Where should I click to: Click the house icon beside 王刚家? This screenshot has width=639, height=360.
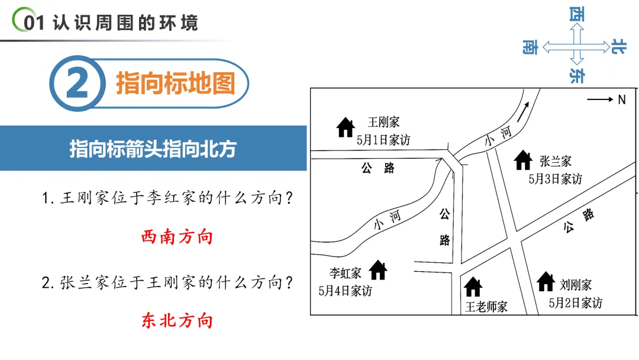click(346, 127)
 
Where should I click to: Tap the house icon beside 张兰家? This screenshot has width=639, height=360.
click(523, 160)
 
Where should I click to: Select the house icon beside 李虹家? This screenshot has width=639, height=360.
click(378, 270)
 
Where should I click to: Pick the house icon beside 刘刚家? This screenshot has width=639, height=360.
click(546, 282)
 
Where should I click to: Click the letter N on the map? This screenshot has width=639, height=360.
click(622, 100)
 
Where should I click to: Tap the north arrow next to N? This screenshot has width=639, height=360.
click(600, 100)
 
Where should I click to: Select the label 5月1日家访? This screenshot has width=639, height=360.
click(383, 140)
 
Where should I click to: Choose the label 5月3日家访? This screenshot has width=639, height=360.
click(555, 178)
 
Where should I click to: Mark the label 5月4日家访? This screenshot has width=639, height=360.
click(345, 291)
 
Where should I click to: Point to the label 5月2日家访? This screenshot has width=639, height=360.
click(575, 303)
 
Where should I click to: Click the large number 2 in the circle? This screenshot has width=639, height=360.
click(78, 84)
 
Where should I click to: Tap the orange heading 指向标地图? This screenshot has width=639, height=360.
click(176, 83)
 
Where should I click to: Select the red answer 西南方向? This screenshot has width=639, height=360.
click(177, 237)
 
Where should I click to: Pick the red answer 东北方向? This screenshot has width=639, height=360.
click(177, 321)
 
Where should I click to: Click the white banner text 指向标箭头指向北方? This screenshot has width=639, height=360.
click(153, 149)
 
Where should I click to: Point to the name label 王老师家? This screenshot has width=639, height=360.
click(486, 307)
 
